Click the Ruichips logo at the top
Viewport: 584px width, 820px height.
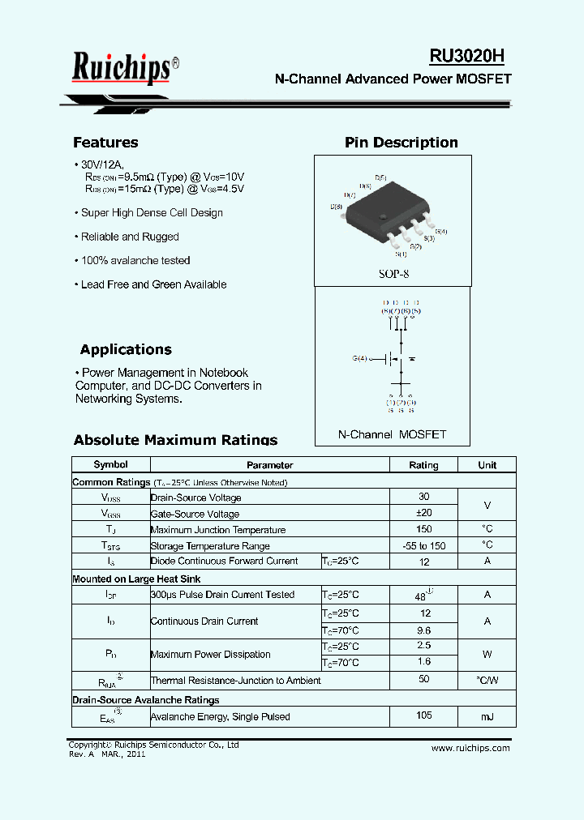[x=122, y=67]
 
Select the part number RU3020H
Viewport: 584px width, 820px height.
[x=467, y=55]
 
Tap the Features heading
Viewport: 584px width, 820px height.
[x=105, y=143]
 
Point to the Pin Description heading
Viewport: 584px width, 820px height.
[x=401, y=143]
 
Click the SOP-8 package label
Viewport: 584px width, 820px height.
[x=393, y=274]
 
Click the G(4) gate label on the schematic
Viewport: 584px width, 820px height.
[x=359, y=358]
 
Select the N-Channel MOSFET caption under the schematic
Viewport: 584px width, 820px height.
[x=392, y=434]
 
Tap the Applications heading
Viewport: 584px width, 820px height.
[x=126, y=350]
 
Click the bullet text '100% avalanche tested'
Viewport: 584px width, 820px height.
[x=135, y=261]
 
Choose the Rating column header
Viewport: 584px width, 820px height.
[x=423, y=465]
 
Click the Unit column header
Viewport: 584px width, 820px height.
[x=487, y=465]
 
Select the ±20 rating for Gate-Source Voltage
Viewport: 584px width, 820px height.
[x=423, y=513]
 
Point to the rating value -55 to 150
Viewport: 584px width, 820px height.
[x=423, y=545]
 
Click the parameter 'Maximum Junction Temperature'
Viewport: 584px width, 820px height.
[x=218, y=530]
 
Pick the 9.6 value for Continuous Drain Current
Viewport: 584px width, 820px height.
[x=423, y=630]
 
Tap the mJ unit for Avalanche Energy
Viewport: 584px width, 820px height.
[x=487, y=716]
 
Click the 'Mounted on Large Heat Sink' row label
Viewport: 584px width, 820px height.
[x=136, y=579]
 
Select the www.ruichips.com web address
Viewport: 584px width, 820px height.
[x=470, y=748]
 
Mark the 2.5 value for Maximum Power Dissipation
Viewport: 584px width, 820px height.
[x=423, y=646]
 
